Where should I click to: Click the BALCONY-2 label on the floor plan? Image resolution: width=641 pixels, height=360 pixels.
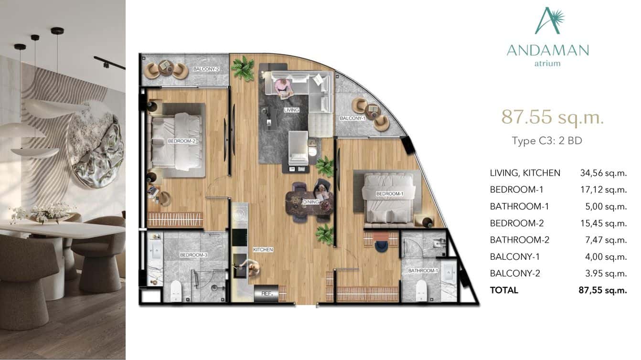pos(206,69)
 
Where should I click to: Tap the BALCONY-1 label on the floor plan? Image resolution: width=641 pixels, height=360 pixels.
pos(353,118)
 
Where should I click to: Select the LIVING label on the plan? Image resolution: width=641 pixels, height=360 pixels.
pos(291,110)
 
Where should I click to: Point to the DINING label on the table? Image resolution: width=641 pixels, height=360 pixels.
pos(310,202)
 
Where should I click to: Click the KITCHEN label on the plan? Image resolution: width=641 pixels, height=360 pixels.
pos(263,250)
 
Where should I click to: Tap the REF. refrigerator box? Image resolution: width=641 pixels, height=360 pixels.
pos(266,294)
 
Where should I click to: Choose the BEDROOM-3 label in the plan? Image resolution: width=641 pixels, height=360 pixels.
pos(193,255)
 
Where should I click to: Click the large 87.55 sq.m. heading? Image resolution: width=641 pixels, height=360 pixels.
pos(552,117)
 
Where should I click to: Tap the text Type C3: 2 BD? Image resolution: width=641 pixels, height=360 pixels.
pos(547,141)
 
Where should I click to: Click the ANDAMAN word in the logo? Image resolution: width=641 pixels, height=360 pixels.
pos(547,50)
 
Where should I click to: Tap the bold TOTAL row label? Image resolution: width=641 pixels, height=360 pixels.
pos(504,290)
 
